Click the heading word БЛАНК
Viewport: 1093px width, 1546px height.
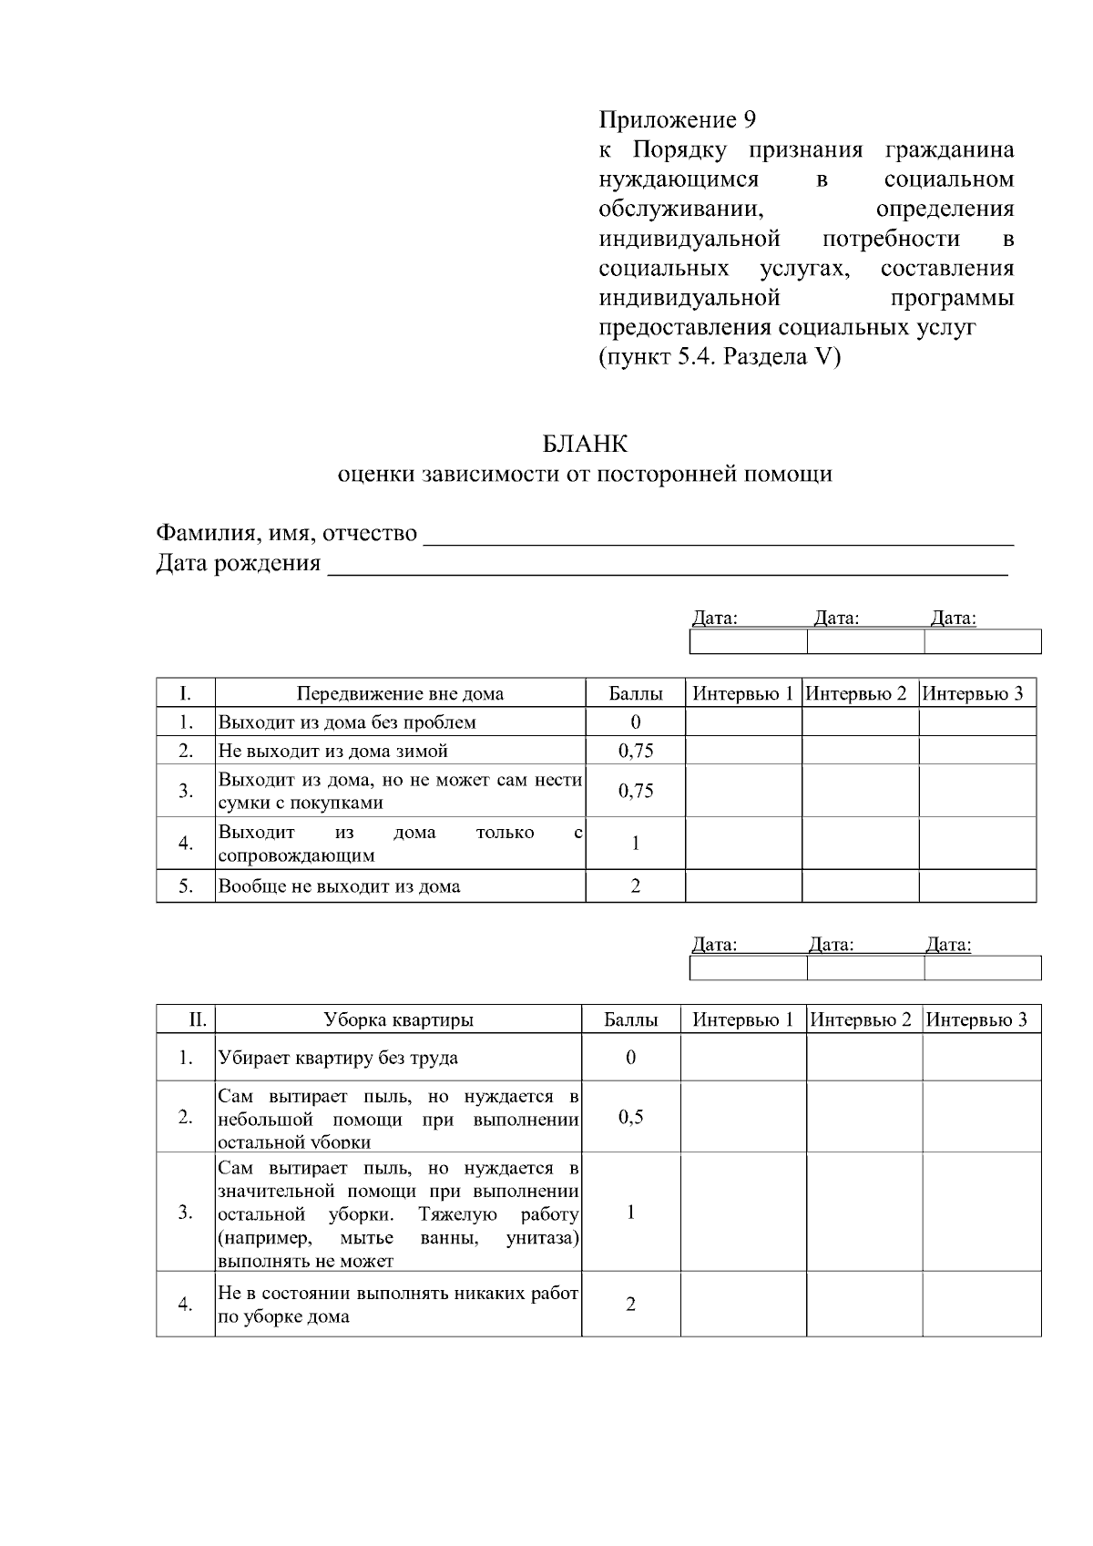pyautogui.click(x=585, y=444)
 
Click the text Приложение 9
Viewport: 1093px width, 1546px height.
pyautogui.click(x=677, y=119)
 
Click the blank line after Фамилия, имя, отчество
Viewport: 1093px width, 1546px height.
pyautogui.click(x=720, y=536)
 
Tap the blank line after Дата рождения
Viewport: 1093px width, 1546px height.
pyautogui.click(x=667, y=566)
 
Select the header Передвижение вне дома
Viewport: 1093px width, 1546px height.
pyautogui.click(x=400, y=693)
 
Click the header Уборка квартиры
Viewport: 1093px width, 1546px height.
pyautogui.click(x=398, y=1019)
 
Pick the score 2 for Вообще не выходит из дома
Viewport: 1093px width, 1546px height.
pyautogui.click(x=635, y=886)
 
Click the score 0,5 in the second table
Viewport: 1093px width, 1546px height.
pyautogui.click(x=630, y=1117)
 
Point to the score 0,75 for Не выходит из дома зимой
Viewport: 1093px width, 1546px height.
pyautogui.click(x=635, y=751)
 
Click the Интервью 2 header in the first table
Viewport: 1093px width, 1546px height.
pyautogui.click(x=859, y=693)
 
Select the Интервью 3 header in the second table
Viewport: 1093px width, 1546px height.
pyautogui.click(x=977, y=1019)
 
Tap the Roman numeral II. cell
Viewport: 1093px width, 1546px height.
pyautogui.click(x=198, y=1019)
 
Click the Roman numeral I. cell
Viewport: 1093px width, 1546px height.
pyautogui.click(x=185, y=693)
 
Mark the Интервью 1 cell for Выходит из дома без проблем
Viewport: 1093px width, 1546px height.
pyautogui.click(x=742, y=722)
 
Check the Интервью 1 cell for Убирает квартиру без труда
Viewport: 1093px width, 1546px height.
pyautogui.click(x=742, y=1058)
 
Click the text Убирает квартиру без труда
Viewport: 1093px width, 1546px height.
pyautogui.click(x=338, y=1058)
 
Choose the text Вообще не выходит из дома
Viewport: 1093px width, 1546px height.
pyautogui.click(x=339, y=886)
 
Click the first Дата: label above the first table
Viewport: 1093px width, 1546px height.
pyautogui.click(x=715, y=619)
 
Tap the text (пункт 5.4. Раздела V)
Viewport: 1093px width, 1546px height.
pyautogui.click(x=720, y=356)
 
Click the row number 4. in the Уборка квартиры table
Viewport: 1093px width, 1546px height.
pyautogui.click(x=185, y=1305)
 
